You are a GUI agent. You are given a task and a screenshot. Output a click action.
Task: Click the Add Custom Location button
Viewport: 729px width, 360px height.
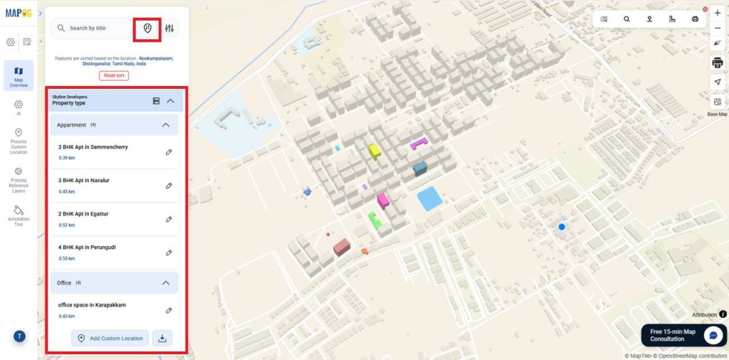(110, 338)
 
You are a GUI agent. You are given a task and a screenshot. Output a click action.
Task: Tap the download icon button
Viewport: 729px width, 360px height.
(162, 338)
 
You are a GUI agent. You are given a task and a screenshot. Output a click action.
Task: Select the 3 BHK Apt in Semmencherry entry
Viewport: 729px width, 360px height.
(93, 147)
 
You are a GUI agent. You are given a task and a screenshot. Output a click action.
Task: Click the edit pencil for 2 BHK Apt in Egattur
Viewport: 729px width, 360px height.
(169, 219)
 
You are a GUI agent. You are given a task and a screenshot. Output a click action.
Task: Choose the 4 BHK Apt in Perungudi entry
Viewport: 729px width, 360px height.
(87, 248)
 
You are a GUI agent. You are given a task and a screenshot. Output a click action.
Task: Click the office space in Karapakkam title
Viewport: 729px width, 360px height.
(92, 305)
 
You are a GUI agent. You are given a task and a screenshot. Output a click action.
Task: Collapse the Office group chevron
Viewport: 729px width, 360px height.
(166, 283)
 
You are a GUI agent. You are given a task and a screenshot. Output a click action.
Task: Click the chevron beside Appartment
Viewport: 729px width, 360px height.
(166, 125)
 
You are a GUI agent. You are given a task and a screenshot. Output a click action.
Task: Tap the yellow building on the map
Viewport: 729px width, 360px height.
(374, 151)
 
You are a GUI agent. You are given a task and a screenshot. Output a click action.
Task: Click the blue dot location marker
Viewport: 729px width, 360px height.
(562, 227)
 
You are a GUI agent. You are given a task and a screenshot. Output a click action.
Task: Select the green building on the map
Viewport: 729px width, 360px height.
(374, 221)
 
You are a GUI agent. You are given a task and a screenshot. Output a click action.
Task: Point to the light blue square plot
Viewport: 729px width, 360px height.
(429, 198)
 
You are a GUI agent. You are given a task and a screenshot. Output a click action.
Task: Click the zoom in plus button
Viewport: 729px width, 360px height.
(717, 13)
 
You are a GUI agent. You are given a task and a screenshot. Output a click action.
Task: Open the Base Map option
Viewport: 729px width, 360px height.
(717, 105)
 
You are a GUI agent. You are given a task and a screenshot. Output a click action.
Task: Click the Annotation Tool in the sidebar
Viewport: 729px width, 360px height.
(19, 214)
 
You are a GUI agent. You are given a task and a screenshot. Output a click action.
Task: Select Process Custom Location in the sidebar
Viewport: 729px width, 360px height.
(19, 141)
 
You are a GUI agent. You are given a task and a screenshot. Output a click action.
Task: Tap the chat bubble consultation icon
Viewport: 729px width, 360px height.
(713, 335)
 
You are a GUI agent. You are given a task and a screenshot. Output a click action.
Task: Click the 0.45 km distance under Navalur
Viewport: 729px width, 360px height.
(66, 191)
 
